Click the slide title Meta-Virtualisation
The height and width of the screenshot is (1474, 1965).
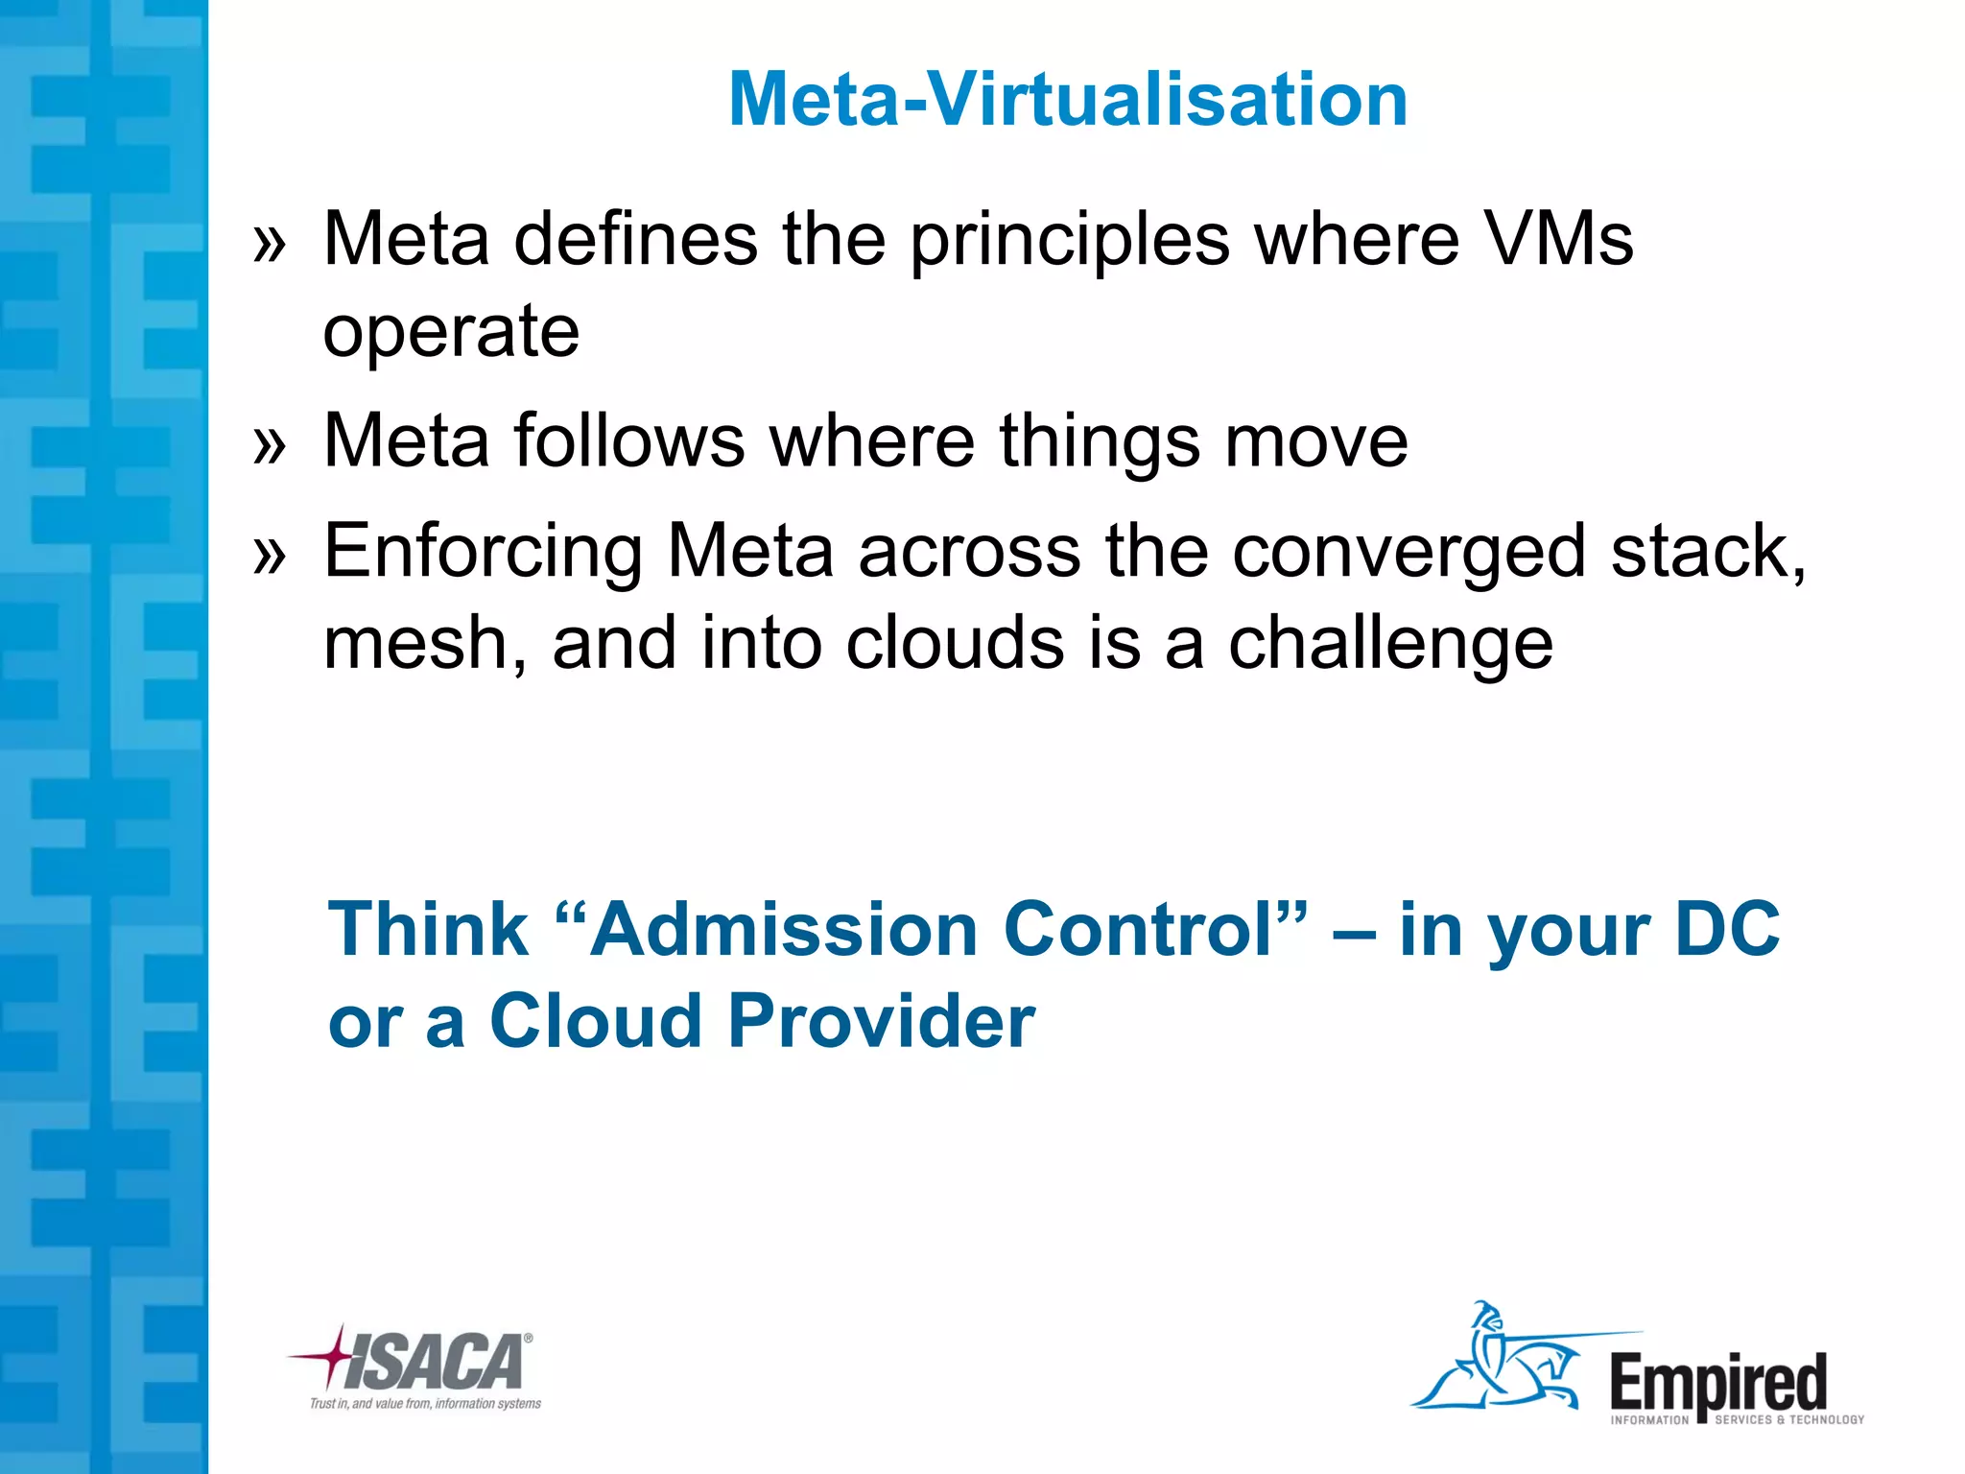[x=1067, y=99]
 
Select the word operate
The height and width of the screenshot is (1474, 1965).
[x=451, y=332]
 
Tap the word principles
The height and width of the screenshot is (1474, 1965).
[x=1069, y=240]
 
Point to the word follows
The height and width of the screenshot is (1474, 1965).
[x=628, y=440]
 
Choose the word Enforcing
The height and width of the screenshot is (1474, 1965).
[x=483, y=553]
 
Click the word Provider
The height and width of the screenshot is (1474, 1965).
[x=881, y=1020]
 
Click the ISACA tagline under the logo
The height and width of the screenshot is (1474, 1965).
[x=425, y=1404]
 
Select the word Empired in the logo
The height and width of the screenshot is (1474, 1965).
[x=1717, y=1384]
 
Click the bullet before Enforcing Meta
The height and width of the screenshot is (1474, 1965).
[x=270, y=556]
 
